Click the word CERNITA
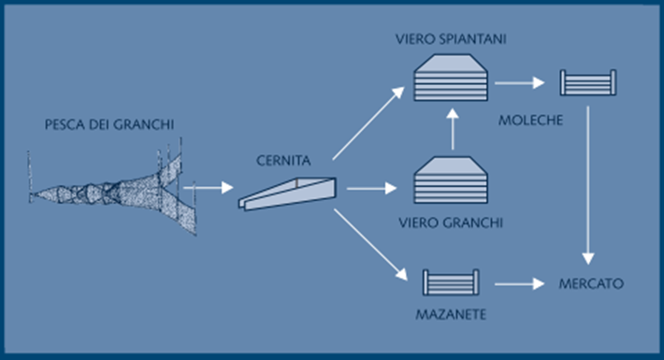pos(283,160)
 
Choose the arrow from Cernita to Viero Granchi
pos(371,188)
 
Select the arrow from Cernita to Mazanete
pos(371,244)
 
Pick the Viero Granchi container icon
pos(452,182)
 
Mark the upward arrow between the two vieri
pos(452,129)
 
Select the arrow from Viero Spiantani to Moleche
pos(519,82)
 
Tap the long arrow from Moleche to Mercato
pos(587,182)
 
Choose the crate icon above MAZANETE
pos(450,281)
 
